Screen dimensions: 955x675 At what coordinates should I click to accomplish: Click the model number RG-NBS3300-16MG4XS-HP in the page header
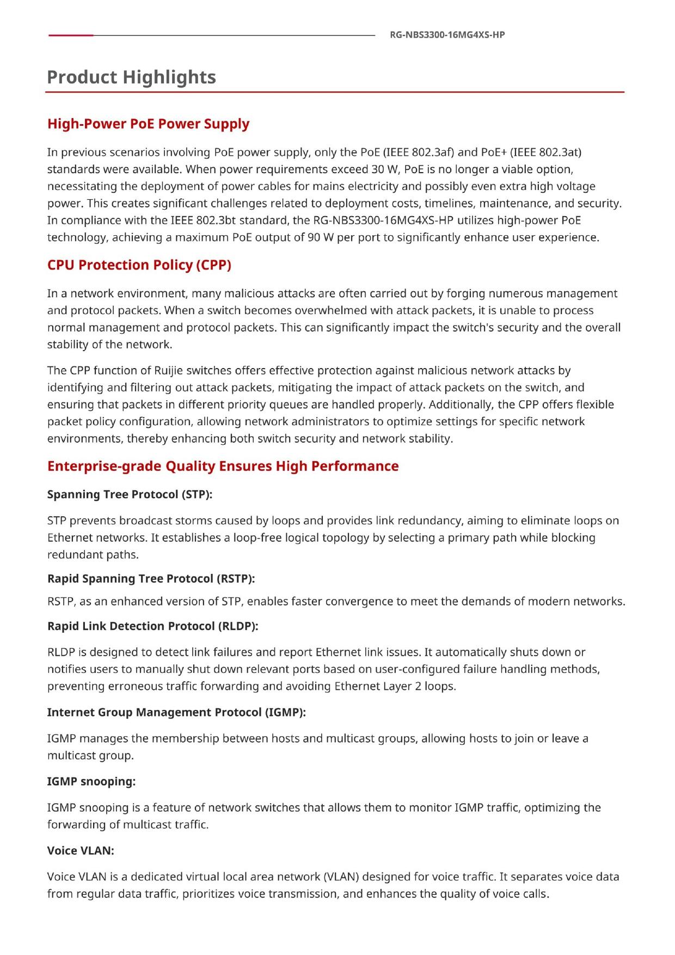point(447,35)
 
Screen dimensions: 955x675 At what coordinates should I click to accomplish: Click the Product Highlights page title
point(131,77)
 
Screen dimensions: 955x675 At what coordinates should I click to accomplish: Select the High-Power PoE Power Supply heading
point(148,124)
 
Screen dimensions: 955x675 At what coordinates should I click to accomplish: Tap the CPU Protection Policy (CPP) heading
point(139,265)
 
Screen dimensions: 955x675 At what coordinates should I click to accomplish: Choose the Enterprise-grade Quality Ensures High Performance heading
point(223,466)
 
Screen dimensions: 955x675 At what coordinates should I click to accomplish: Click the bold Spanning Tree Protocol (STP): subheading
point(130,494)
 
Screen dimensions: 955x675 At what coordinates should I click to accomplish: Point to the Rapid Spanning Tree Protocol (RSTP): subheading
point(151,578)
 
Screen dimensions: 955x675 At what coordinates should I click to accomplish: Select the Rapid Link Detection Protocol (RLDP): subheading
point(152,626)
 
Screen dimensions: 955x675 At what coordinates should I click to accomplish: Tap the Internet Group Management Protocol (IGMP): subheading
point(176,712)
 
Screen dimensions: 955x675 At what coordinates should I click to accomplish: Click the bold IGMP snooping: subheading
point(91,781)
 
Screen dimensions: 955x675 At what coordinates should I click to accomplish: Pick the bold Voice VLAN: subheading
point(81,850)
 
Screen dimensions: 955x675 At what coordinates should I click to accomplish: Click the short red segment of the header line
point(71,35)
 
